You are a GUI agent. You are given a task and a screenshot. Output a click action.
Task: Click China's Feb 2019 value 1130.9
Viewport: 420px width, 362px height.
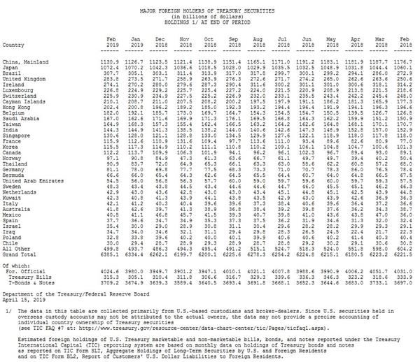109,61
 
